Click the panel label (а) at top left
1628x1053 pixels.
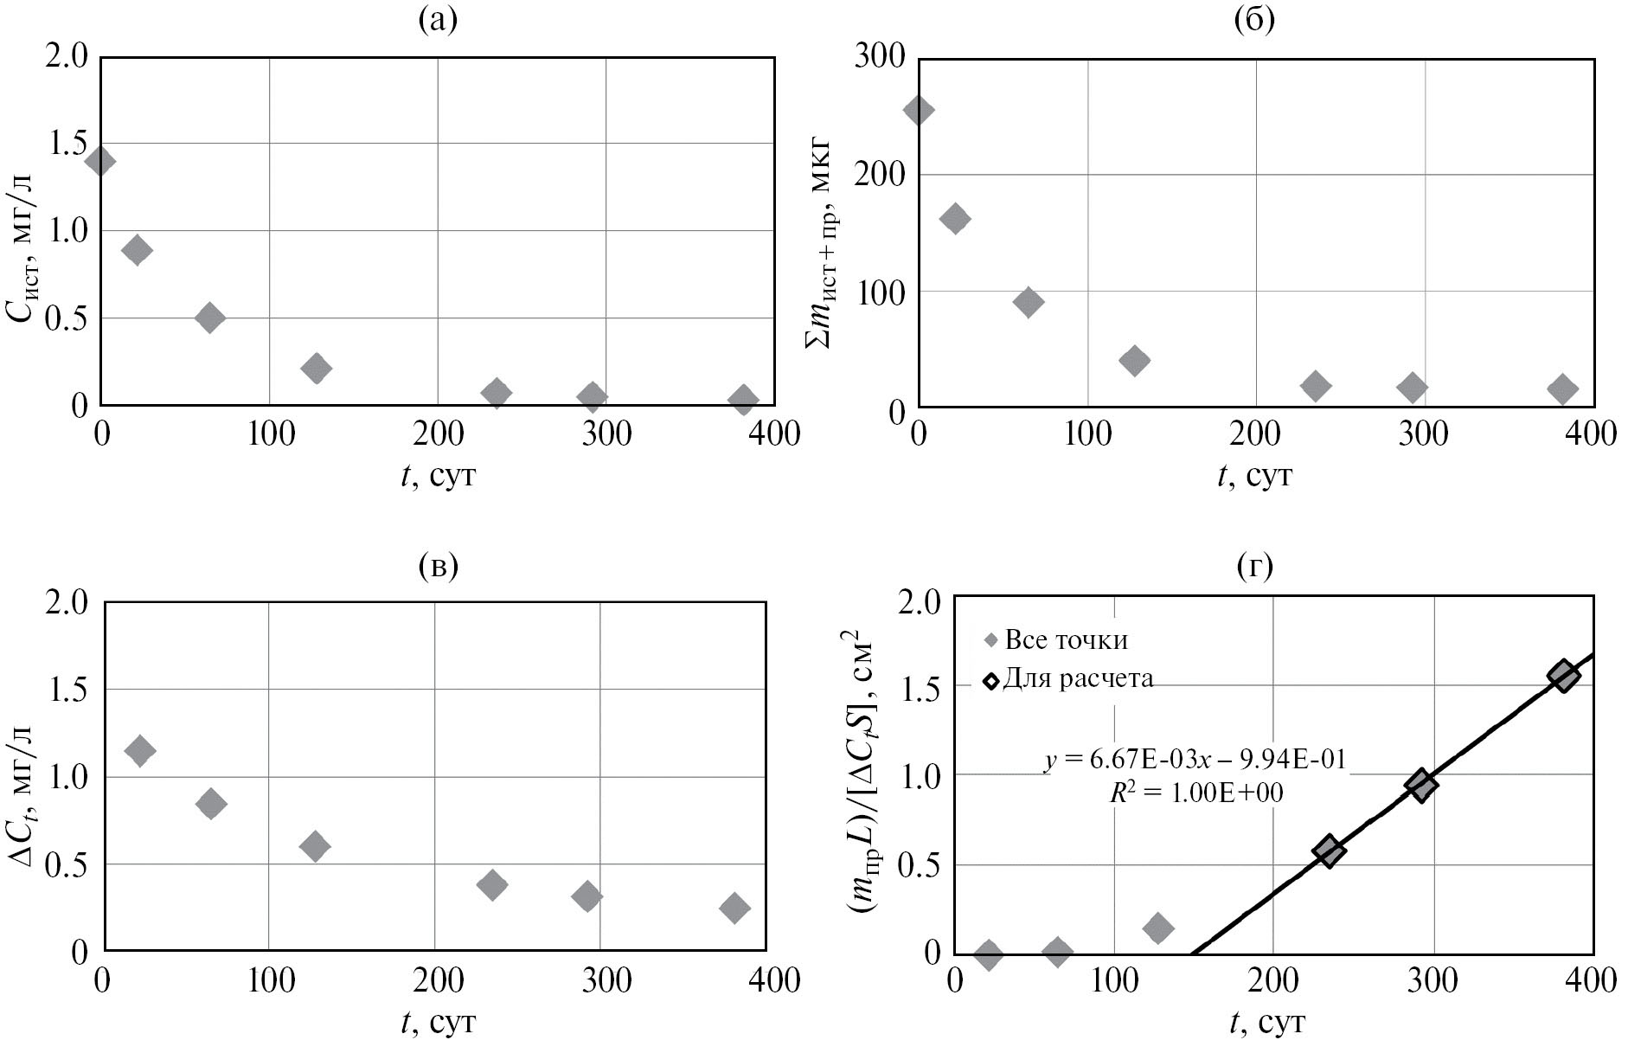(437, 19)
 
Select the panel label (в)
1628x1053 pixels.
(437, 566)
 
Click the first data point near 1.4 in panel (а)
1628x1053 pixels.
(100, 160)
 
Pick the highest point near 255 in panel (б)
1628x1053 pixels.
(919, 110)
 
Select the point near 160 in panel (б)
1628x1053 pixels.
(955, 219)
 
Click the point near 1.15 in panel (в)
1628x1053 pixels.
(139, 750)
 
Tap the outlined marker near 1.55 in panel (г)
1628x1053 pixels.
(1563, 677)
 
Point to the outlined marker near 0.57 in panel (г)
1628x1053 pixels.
(1329, 851)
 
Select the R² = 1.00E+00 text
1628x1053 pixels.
(1196, 793)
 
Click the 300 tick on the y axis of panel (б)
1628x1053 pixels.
(880, 57)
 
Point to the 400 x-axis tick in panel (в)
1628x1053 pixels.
(766, 981)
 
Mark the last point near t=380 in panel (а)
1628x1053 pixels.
(743, 400)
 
